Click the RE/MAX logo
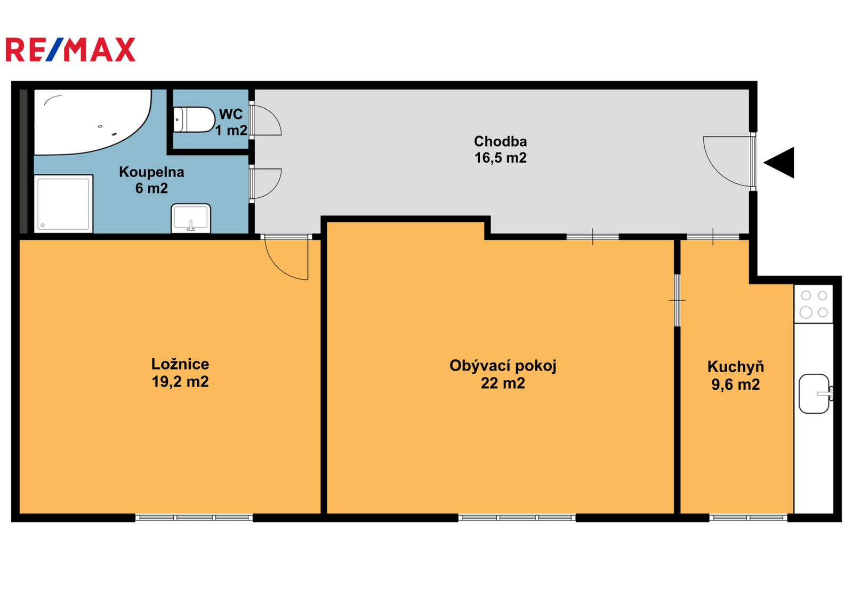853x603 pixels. (70, 50)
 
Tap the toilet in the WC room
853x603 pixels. (194, 119)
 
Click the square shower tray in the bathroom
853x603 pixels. (63, 204)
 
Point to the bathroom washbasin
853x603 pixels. (191, 218)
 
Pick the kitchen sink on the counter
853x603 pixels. (816, 394)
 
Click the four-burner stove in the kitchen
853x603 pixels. (814, 304)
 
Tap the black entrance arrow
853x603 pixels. (779, 163)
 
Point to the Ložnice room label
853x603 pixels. (180, 364)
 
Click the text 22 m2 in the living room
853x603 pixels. (503, 383)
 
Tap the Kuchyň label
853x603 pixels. (736, 367)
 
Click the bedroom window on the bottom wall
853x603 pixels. (194, 518)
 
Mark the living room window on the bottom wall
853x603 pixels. (517, 518)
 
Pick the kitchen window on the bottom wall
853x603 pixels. (749, 518)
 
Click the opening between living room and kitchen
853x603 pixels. (677, 301)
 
